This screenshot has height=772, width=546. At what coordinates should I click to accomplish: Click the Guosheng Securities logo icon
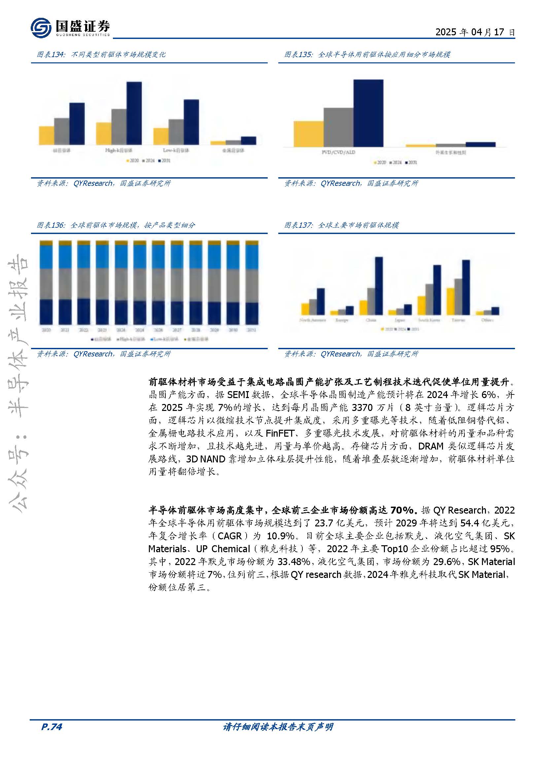coord(41,28)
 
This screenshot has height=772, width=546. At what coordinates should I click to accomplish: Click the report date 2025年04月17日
coord(475,32)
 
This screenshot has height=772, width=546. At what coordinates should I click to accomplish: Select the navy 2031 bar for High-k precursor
coord(134,113)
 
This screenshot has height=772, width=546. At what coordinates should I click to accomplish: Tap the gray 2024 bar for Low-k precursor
coord(176,132)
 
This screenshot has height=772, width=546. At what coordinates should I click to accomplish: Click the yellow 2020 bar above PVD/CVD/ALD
coord(308,134)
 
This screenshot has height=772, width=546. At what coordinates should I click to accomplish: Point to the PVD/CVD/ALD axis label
coord(338,152)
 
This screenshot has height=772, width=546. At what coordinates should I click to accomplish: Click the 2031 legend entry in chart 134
coord(165,161)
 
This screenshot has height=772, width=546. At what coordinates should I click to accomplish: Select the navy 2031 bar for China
coord(379,286)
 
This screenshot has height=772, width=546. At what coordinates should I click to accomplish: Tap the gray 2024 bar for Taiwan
coord(458,297)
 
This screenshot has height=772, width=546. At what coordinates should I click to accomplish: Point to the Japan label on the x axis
coord(400,320)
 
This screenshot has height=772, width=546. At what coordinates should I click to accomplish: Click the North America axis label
coord(313,320)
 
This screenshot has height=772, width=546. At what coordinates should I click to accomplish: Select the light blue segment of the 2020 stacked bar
coord(46,257)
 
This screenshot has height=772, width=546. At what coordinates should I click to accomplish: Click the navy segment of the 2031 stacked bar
coord(252,313)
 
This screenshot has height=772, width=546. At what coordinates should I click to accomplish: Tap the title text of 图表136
coord(132,225)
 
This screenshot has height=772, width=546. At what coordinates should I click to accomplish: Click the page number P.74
coord(51,727)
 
